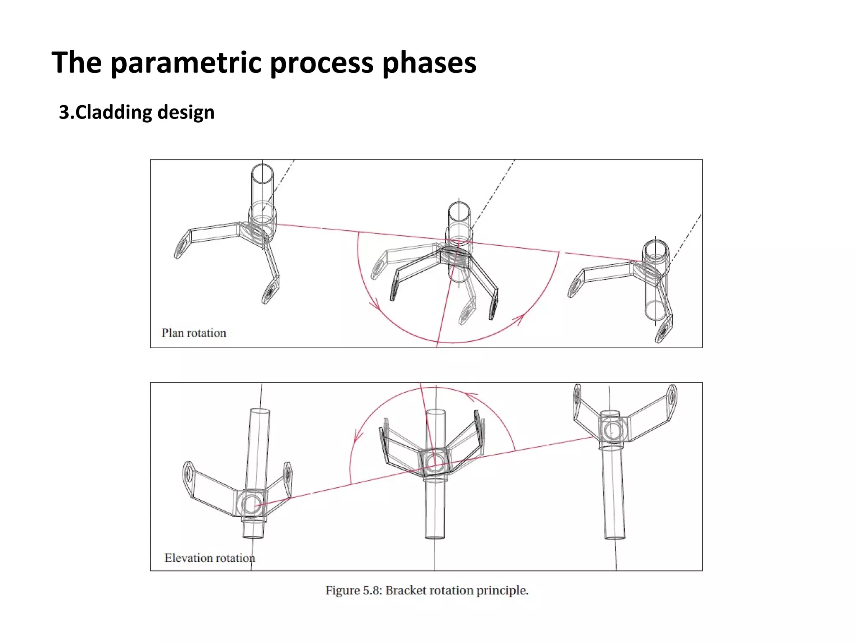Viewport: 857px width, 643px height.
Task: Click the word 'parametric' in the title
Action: click(187, 63)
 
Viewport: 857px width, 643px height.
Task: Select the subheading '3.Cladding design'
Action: click(136, 112)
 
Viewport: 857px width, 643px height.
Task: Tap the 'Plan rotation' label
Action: click(194, 333)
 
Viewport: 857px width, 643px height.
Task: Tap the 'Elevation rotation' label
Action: click(210, 558)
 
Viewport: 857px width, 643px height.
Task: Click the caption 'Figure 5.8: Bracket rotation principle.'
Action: click(427, 590)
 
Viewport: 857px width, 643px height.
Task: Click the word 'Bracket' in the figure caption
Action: click(406, 590)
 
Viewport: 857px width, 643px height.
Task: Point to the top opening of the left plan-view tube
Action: click(262, 174)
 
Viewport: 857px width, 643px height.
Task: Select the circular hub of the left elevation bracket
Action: click(251, 504)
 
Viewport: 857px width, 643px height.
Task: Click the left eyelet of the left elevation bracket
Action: click(188, 473)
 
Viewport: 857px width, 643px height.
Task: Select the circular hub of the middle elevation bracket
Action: click(435, 462)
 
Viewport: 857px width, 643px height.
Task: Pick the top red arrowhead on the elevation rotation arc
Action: click(471, 396)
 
